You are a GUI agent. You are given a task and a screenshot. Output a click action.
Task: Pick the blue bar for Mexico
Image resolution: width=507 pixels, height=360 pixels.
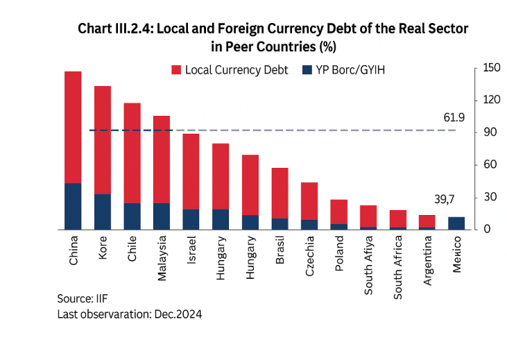point(456,223)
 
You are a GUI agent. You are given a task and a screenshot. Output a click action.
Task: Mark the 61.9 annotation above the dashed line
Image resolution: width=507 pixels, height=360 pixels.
point(454,119)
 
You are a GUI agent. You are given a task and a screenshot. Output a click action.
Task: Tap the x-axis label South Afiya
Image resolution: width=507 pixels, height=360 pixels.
point(368,266)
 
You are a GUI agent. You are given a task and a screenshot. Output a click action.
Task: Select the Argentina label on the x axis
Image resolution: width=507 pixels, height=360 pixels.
point(427,263)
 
